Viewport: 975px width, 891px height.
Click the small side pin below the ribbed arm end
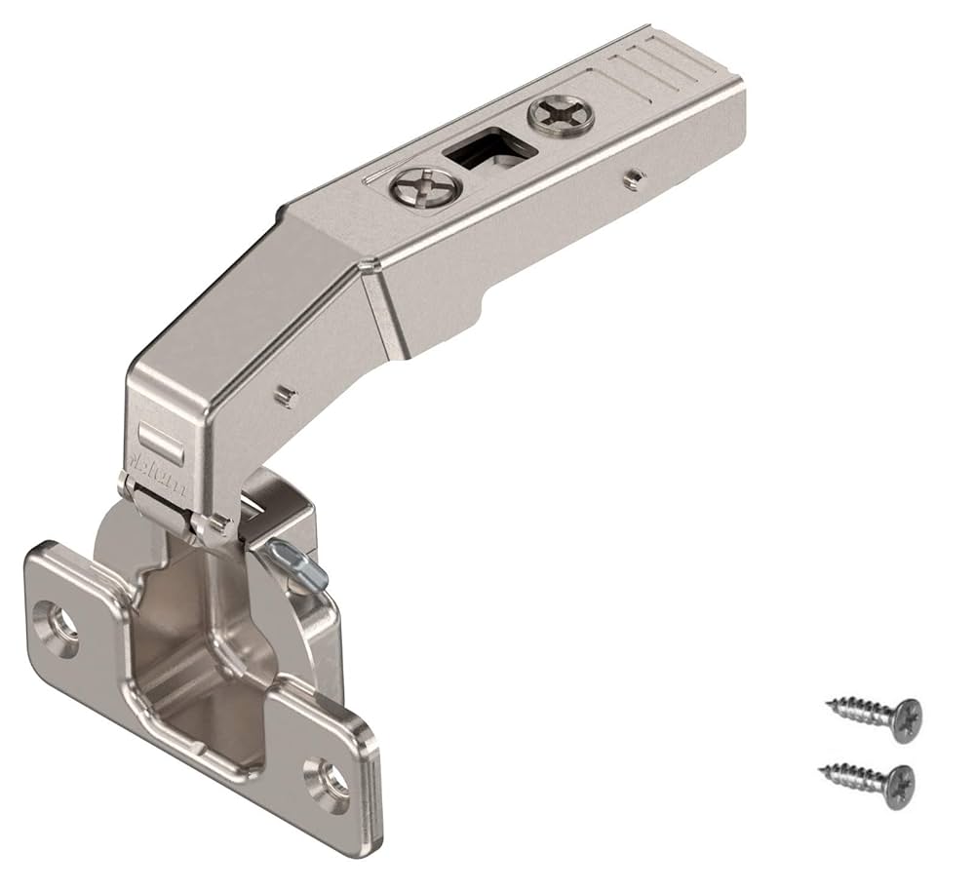tap(635, 175)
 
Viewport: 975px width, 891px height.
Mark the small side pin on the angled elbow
tap(285, 394)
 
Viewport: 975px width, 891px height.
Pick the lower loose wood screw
tap(868, 780)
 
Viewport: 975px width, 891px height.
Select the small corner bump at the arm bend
tap(367, 264)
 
